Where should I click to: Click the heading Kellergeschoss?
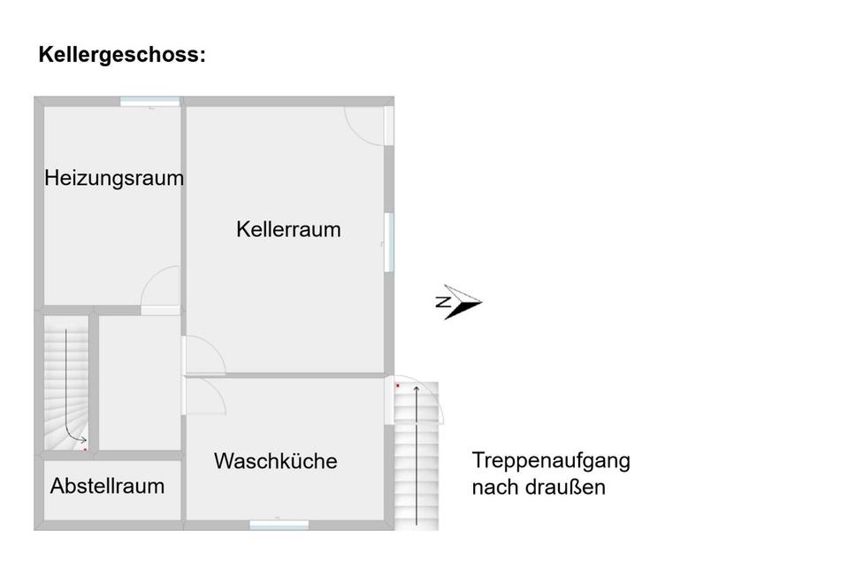(x=121, y=55)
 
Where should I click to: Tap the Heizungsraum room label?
(x=114, y=178)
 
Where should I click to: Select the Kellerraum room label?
(x=288, y=229)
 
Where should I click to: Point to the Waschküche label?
(x=275, y=461)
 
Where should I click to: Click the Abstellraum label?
(x=107, y=486)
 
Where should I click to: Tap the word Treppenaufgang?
(x=550, y=461)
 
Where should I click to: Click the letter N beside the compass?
(x=444, y=303)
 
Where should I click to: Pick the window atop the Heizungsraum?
(x=149, y=102)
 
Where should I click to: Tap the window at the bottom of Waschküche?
(x=279, y=525)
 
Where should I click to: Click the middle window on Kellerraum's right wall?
(x=388, y=241)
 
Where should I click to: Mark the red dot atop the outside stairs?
(x=398, y=386)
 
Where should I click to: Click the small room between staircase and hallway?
(x=139, y=381)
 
